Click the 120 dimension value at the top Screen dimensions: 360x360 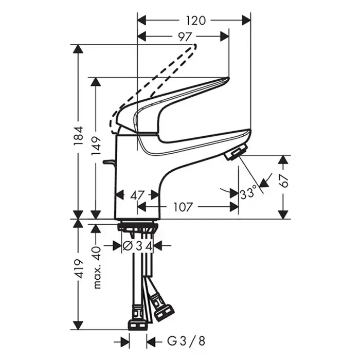[x=195, y=21]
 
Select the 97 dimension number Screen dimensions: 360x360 [x=185, y=37]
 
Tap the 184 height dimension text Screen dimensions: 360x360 [x=78, y=135]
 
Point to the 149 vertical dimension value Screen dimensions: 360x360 [x=96, y=146]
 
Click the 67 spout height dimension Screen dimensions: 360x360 [x=284, y=181]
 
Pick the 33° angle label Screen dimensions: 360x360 [x=248, y=192]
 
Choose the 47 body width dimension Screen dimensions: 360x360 [x=137, y=195]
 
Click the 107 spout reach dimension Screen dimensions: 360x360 [x=183, y=207]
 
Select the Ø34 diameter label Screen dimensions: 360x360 [x=137, y=246]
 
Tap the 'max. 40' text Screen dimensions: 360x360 [x=97, y=267]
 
